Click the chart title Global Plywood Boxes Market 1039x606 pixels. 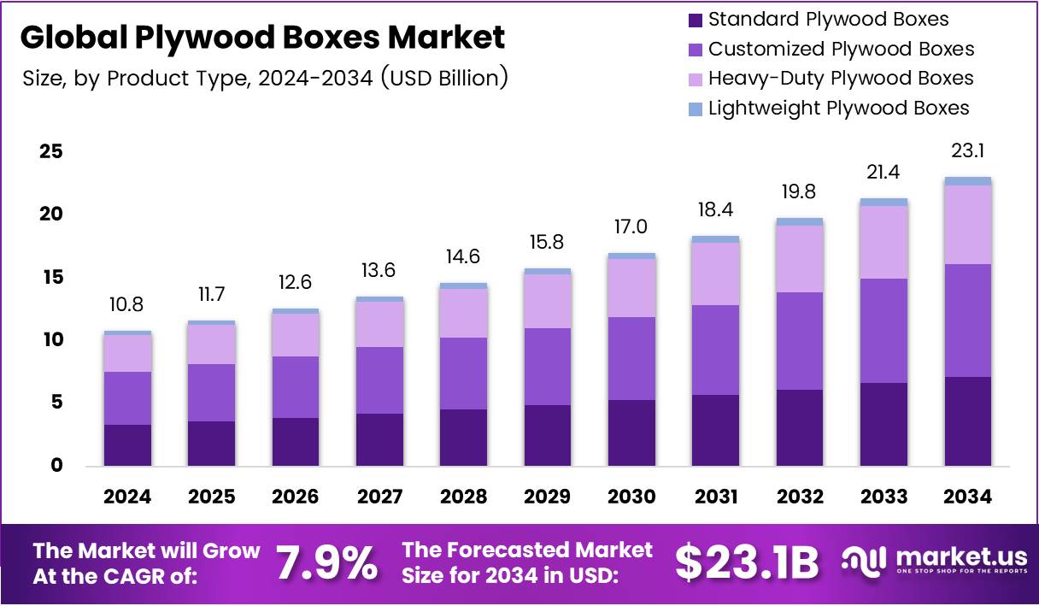point(262,38)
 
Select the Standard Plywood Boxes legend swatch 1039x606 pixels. point(695,20)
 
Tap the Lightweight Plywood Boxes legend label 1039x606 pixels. point(838,109)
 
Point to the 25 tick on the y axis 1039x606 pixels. point(51,152)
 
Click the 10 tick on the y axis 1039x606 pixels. point(51,340)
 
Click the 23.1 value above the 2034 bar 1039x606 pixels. point(968,152)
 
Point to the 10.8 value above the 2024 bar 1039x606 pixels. point(127,305)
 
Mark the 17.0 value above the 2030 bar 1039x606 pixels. point(631,227)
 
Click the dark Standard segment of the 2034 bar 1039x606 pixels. point(968,421)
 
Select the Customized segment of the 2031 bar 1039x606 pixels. point(715,350)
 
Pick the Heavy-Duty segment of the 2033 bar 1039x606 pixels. point(883,242)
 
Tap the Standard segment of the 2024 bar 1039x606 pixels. point(127,444)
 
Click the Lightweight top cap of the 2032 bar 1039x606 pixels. point(799,221)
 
